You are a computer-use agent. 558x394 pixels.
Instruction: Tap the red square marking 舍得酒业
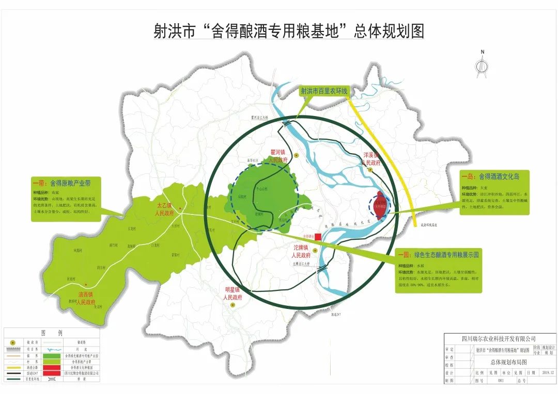pos(318,237)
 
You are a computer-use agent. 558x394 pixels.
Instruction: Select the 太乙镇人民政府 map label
pos(167,208)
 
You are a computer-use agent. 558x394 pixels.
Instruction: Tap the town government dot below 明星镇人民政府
pos(233,305)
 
